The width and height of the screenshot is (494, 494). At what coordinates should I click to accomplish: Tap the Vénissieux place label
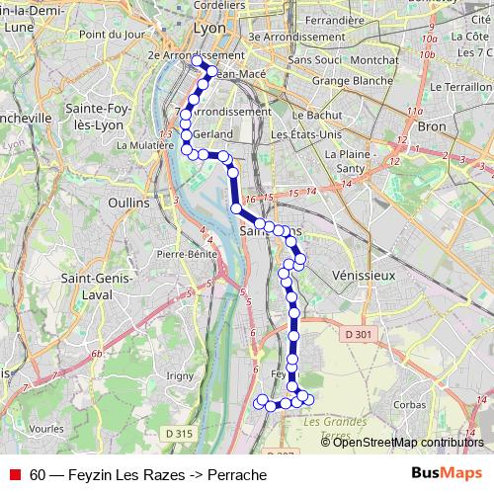coord(364,274)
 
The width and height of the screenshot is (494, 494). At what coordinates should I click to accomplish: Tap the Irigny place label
coord(181,375)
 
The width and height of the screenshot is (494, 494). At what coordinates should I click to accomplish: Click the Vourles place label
coord(47,430)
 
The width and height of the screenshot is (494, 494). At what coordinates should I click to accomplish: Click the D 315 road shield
coord(179,433)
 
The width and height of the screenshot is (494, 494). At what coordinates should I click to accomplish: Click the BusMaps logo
coord(447,474)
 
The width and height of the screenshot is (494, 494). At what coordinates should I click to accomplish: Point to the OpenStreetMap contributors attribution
coord(408,443)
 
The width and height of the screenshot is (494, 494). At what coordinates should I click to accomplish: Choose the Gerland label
coord(213,133)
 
